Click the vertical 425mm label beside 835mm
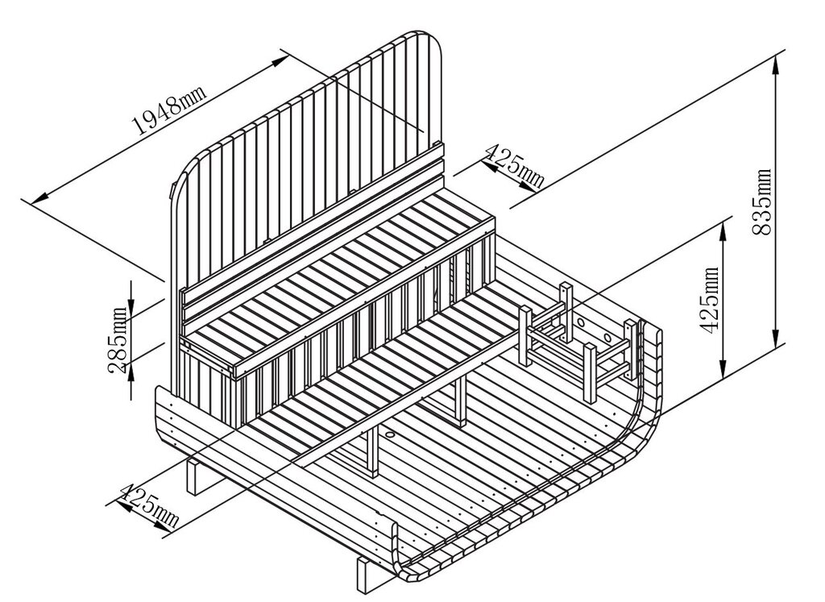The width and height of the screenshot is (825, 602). click(711, 300)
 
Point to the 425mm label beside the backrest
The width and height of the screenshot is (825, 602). click(513, 166)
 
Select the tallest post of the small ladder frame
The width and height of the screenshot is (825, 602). click(566, 312)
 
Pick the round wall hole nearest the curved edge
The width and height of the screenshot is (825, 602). click(607, 336)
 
